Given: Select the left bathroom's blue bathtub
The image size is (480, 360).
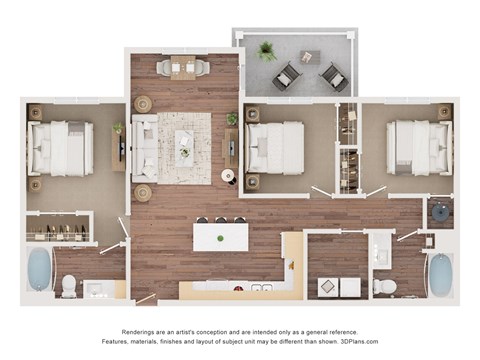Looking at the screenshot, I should click(x=39, y=269).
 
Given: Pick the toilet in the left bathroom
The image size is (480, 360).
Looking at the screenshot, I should click(x=69, y=287).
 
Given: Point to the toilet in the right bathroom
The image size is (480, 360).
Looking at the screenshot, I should click(x=385, y=287).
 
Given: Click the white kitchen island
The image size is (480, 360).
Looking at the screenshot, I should click(x=221, y=237).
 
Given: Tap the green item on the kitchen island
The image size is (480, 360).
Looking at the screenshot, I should click(x=221, y=240).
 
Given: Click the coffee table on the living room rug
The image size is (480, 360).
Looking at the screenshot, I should click(x=185, y=146).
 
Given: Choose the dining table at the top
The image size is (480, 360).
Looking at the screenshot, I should click(x=184, y=68).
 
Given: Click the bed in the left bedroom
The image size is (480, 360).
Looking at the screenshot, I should click(x=61, y=148).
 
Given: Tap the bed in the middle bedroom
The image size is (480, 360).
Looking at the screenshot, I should click(x=275, y=148).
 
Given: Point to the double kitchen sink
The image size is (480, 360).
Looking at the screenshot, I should click(x=261, y=289).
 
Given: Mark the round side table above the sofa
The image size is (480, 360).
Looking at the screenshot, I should click(x=144, y=104).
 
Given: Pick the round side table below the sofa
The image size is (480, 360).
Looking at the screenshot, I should click(x=143, y=191).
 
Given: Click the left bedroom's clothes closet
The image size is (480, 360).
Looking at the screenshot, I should click(x=58, y=231).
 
